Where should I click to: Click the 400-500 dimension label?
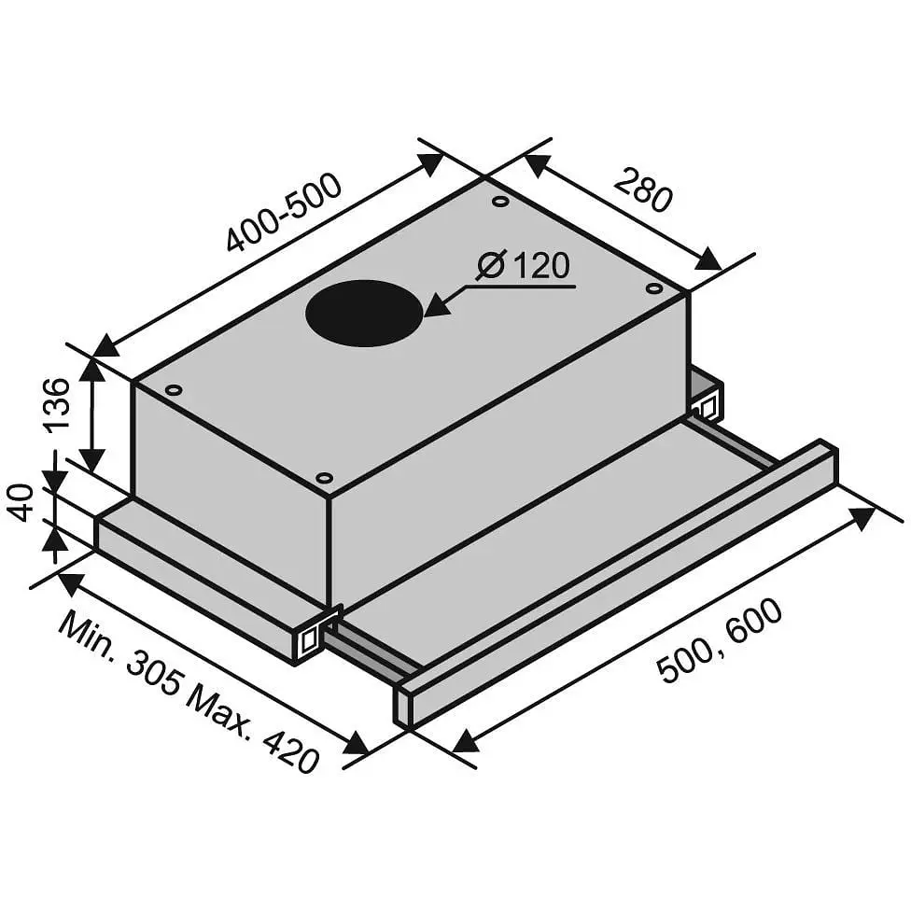coord(284,212)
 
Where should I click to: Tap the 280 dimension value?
coord(643,189)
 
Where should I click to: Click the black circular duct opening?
coord(365,314)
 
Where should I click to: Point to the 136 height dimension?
coord(58,404)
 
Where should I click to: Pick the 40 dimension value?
coord(21,502)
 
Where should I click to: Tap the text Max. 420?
coord(253,730)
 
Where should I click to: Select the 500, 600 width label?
coord(720,639)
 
